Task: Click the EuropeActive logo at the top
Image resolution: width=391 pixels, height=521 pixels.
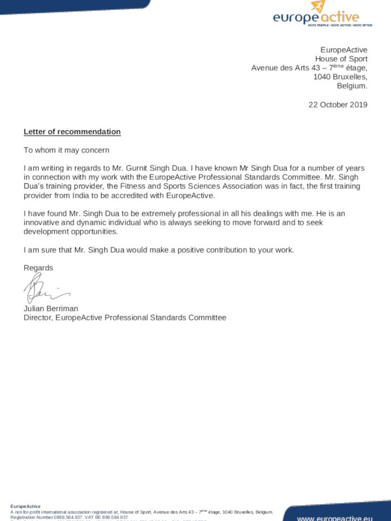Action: [323, 14]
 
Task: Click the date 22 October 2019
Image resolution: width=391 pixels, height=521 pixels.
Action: [338, 104]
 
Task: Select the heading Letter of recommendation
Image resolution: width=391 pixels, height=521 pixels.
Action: [72, 132]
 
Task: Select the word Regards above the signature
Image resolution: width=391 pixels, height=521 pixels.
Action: [38, 268]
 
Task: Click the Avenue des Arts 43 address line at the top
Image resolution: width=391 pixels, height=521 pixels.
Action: [310, 68]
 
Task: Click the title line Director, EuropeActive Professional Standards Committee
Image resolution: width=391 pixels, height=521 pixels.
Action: [124, 317]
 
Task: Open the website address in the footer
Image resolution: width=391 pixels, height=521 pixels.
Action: [334, 518]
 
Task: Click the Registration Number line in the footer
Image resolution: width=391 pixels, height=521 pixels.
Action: [68, 517]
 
